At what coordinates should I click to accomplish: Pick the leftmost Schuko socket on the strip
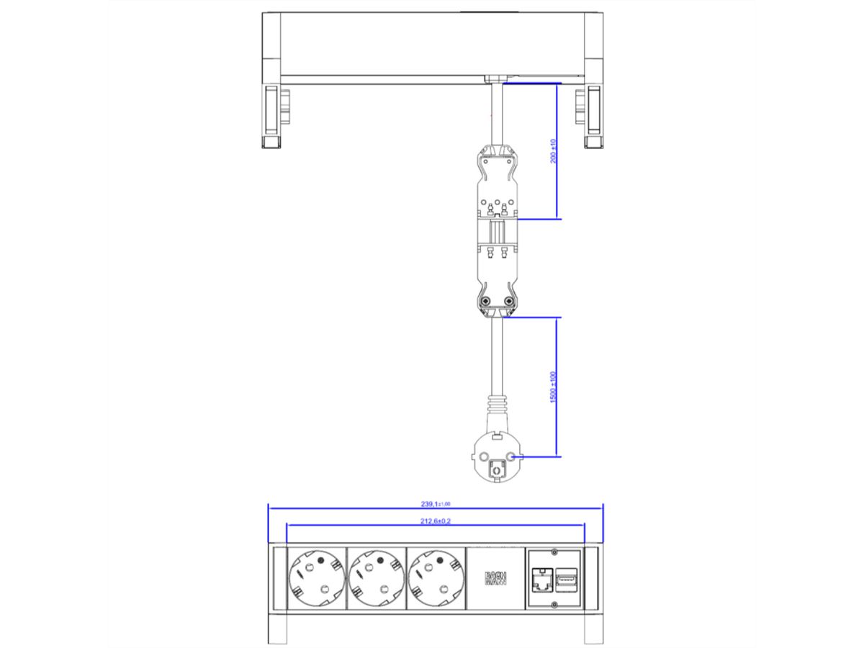click(x=315, y=577)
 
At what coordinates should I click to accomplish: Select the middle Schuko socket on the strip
click(x=375, y=577)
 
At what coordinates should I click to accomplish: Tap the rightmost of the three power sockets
click(x=436, y=577)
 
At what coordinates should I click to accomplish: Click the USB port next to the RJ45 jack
click(x=566, y=577)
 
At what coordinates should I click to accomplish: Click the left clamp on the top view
click(x=272, y=117)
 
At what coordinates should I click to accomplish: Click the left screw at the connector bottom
click(x=485, y=301)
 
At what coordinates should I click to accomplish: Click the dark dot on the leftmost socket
click(x=318, y=558)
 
